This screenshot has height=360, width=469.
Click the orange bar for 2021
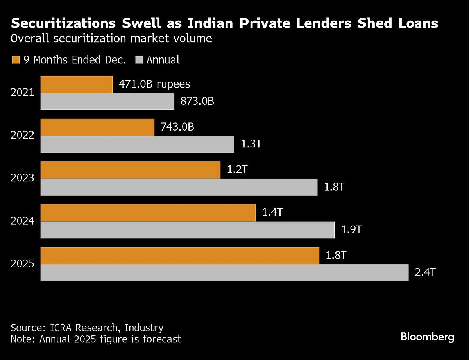[x=77, y=84]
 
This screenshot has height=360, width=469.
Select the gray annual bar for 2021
[x=107, y=102]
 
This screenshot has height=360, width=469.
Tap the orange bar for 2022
[x=97, y=127]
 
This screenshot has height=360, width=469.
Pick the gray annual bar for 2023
[x=179, y=187]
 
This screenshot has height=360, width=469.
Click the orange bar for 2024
[x=148, y=213]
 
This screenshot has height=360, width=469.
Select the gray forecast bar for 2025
[x=224, y=273]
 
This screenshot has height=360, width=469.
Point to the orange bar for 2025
[x=180, y=256]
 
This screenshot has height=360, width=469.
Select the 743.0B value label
[x=177, y=127]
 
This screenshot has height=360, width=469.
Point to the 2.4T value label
[x=425, y=272]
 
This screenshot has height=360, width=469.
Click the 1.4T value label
[x=272, y=213]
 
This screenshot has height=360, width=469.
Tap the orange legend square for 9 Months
[x=15, y=60]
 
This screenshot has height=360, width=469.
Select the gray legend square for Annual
[x=139, y=60]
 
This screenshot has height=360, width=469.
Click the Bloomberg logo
[x=427, y=337]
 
